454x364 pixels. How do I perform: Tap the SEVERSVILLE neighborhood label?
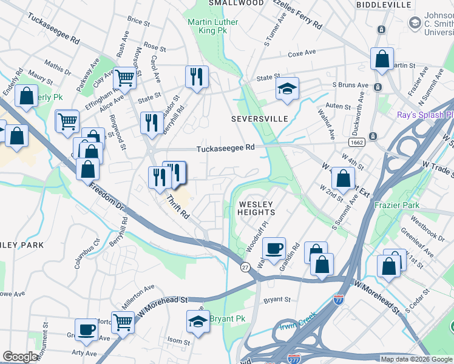259,119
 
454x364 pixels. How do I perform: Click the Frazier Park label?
398,206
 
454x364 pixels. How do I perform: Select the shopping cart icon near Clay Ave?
124,77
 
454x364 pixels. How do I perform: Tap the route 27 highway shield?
245,267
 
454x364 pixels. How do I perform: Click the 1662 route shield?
356,142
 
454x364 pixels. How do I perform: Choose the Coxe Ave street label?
302,53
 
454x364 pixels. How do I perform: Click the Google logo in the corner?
21,357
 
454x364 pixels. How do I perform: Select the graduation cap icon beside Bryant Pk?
198,322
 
